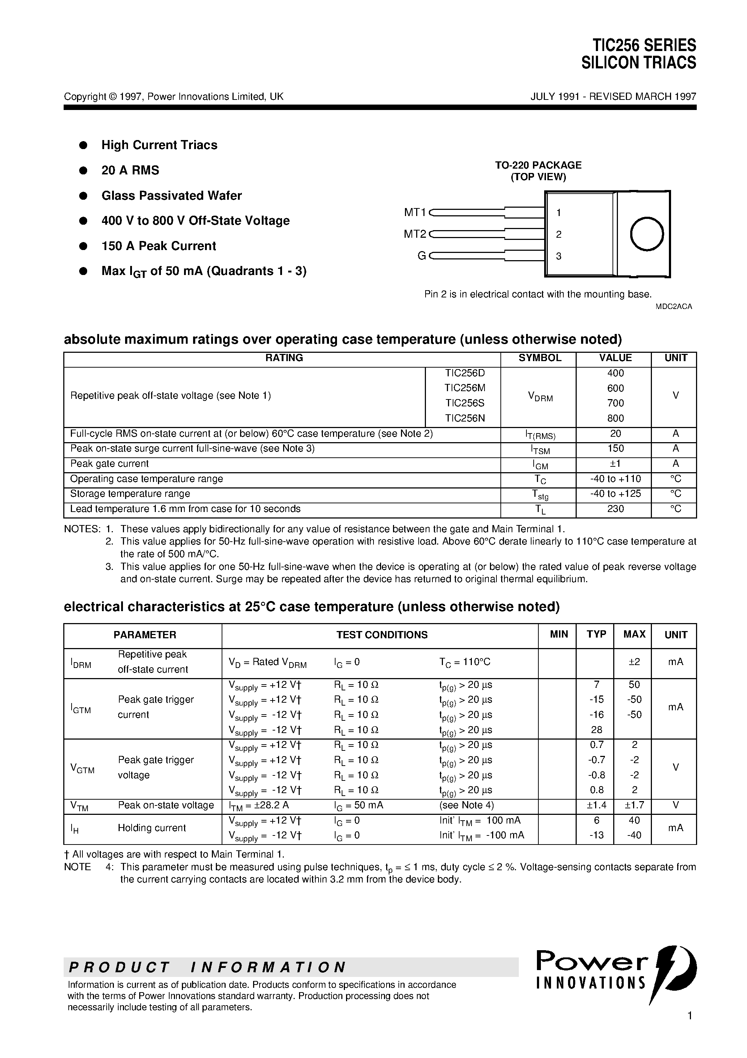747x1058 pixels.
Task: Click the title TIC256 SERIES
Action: pyautogui.click(x=644, y=45)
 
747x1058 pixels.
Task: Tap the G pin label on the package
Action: pyautogui.click(x=421, y=256)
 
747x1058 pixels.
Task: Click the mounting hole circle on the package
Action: pyautogui.click(x=646, y=234)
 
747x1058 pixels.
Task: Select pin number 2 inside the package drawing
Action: pyautogui.click(x=559, y=234)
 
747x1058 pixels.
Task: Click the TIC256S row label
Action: pyautogui.click(x=465, y=403)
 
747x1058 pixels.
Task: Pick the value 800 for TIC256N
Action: pyautogui.click(x=615, y=418)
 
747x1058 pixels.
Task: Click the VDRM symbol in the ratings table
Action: pyautogui.click(x=540, y=396)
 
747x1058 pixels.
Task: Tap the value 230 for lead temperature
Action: pyautogui.click(x=615, y=509)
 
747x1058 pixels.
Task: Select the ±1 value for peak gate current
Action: pyautogui.click(x=615, y=464)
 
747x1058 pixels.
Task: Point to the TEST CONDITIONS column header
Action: pyautogui.click(x=382, y=635)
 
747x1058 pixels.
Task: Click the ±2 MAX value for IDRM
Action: pyautogui.click(x=634, y=662)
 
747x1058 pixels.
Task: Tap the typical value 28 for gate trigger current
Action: pyautogui.click(x=596, y=730)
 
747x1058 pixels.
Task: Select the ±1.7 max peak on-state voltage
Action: pyautogui.click(x=634, y=805)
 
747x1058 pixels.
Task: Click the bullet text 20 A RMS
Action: pyautogui.click(x=130, y=170)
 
